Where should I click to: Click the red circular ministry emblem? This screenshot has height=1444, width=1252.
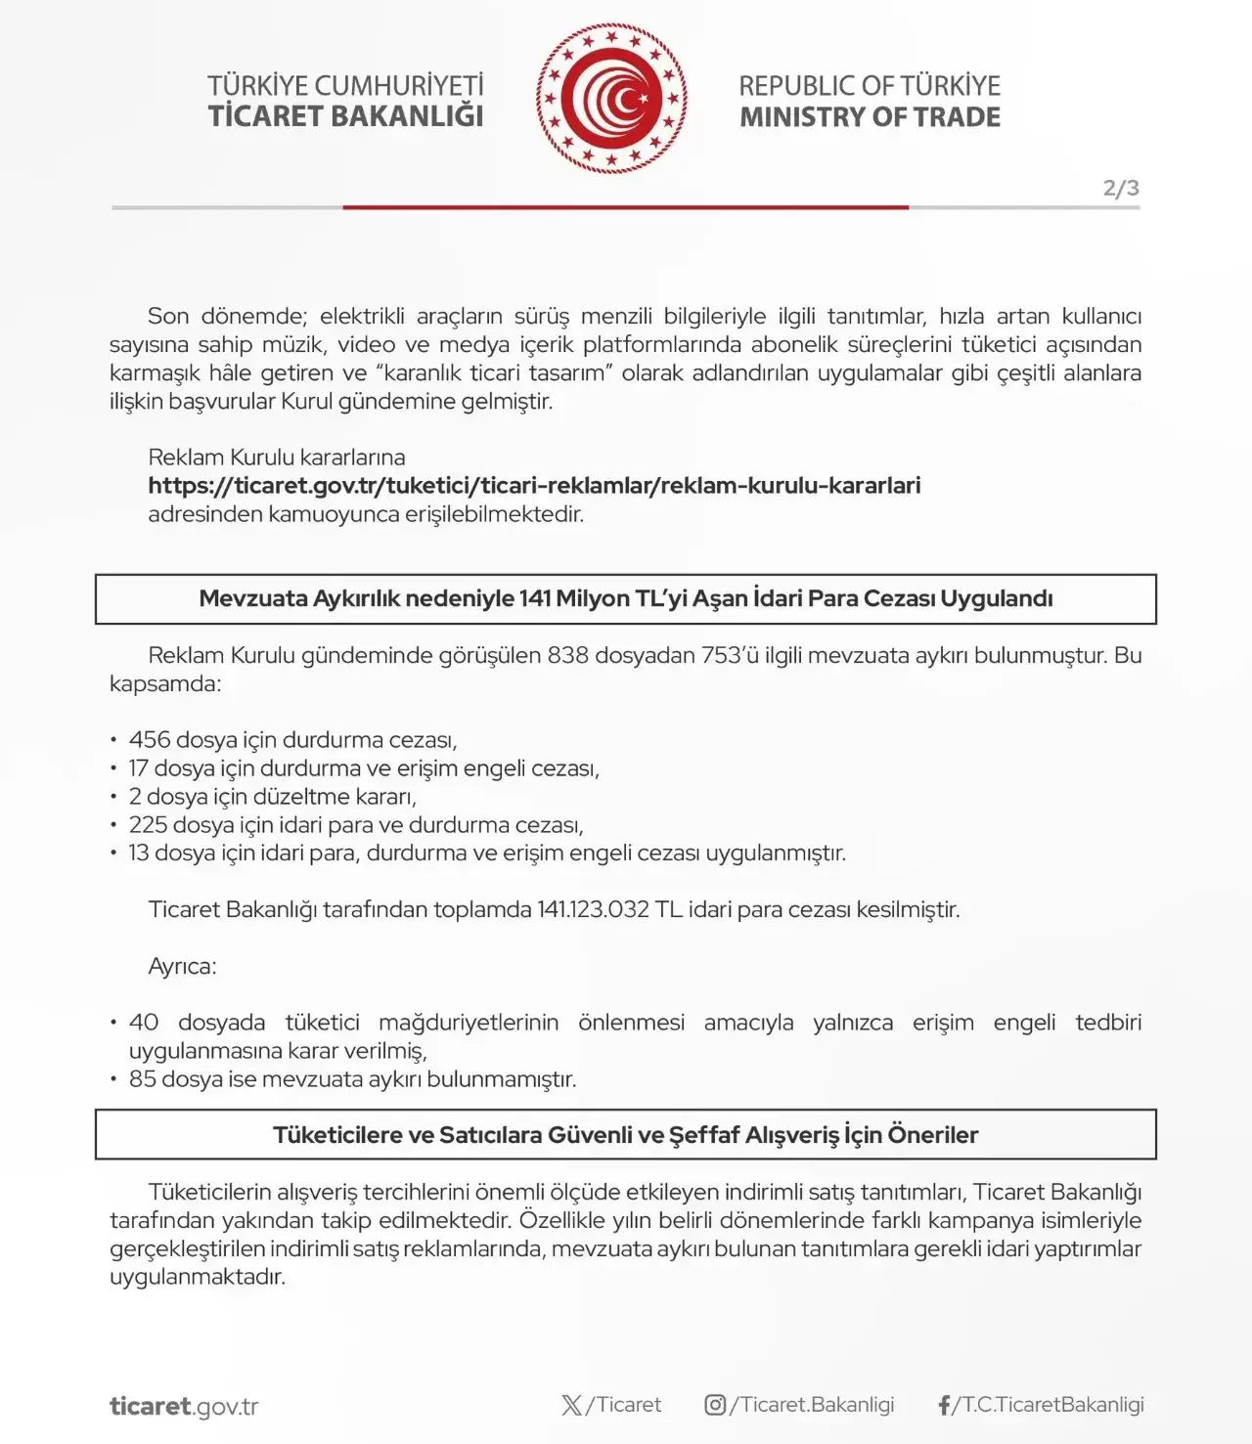[611, 99]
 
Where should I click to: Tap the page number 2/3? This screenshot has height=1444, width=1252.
[1121, 188]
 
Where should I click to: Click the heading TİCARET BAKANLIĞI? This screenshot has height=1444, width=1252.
[345, 116]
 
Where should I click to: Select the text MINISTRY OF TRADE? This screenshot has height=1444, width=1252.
[870, 117]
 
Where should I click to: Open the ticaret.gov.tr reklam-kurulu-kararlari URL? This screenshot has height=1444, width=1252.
[534, 486]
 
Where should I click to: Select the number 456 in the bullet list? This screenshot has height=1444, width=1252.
[149, 740]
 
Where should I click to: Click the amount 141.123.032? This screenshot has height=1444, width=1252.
[593, 910]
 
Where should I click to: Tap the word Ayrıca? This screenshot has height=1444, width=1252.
[182, 967]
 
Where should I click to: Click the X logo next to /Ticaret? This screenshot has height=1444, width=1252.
[571, 1405]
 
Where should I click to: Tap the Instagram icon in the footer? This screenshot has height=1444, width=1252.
[715, 1405]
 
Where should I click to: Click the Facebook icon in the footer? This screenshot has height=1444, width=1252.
[944, 1405]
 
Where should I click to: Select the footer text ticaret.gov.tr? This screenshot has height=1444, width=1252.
[184, 1407]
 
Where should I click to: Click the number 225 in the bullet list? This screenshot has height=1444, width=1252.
[148, 825]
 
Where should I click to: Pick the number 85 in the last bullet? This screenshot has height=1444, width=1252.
[142, 1079]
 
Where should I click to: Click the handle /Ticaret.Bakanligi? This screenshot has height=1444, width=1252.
[812, 1405]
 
